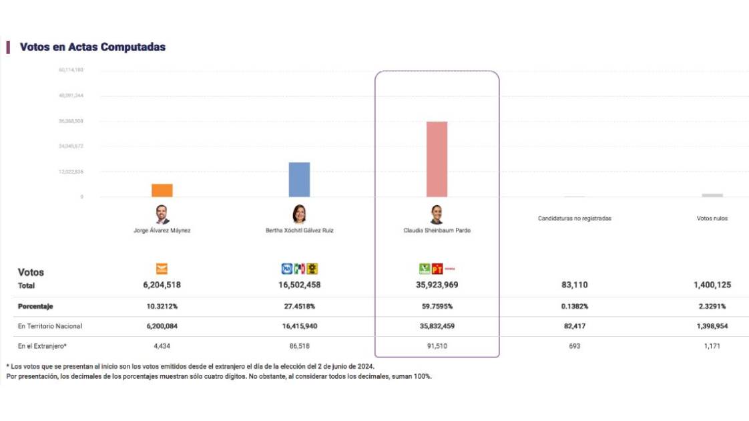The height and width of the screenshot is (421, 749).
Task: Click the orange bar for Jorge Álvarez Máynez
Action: coord(162,190)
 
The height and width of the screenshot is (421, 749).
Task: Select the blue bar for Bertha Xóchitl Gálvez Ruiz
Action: coord(299,180)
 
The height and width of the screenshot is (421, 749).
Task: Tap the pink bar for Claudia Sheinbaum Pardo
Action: coord(437,159)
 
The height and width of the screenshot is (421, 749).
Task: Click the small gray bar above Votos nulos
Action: coord(712,195)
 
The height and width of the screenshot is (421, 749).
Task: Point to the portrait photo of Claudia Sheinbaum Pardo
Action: coord(437,215)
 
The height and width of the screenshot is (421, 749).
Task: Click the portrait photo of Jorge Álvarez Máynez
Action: coord(162,215)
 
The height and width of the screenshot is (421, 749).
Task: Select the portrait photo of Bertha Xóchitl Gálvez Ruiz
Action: coord(299,215)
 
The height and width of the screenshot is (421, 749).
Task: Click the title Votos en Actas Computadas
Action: coord(93,47)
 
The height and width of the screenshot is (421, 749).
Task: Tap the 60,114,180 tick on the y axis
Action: coord(71,69)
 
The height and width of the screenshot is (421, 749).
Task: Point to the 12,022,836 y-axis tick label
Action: coord(71,172)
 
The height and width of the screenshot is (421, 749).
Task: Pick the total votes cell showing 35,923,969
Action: coord(437,285)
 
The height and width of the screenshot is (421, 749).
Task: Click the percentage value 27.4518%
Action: coord(299,306)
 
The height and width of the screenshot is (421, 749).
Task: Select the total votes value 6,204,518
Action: coord(162,285)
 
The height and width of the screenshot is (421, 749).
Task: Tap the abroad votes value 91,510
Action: coord(437,346)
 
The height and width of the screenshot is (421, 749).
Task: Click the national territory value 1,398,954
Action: coord(712,326)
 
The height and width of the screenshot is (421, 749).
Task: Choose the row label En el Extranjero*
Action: coord(43,346)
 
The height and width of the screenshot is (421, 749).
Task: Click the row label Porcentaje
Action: coord(35,306)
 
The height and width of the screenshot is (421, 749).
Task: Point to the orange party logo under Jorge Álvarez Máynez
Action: coord(162,269)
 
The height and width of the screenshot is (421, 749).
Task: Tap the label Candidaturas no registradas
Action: coord(574,219)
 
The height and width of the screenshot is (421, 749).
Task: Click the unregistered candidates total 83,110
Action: coord(574,285)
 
